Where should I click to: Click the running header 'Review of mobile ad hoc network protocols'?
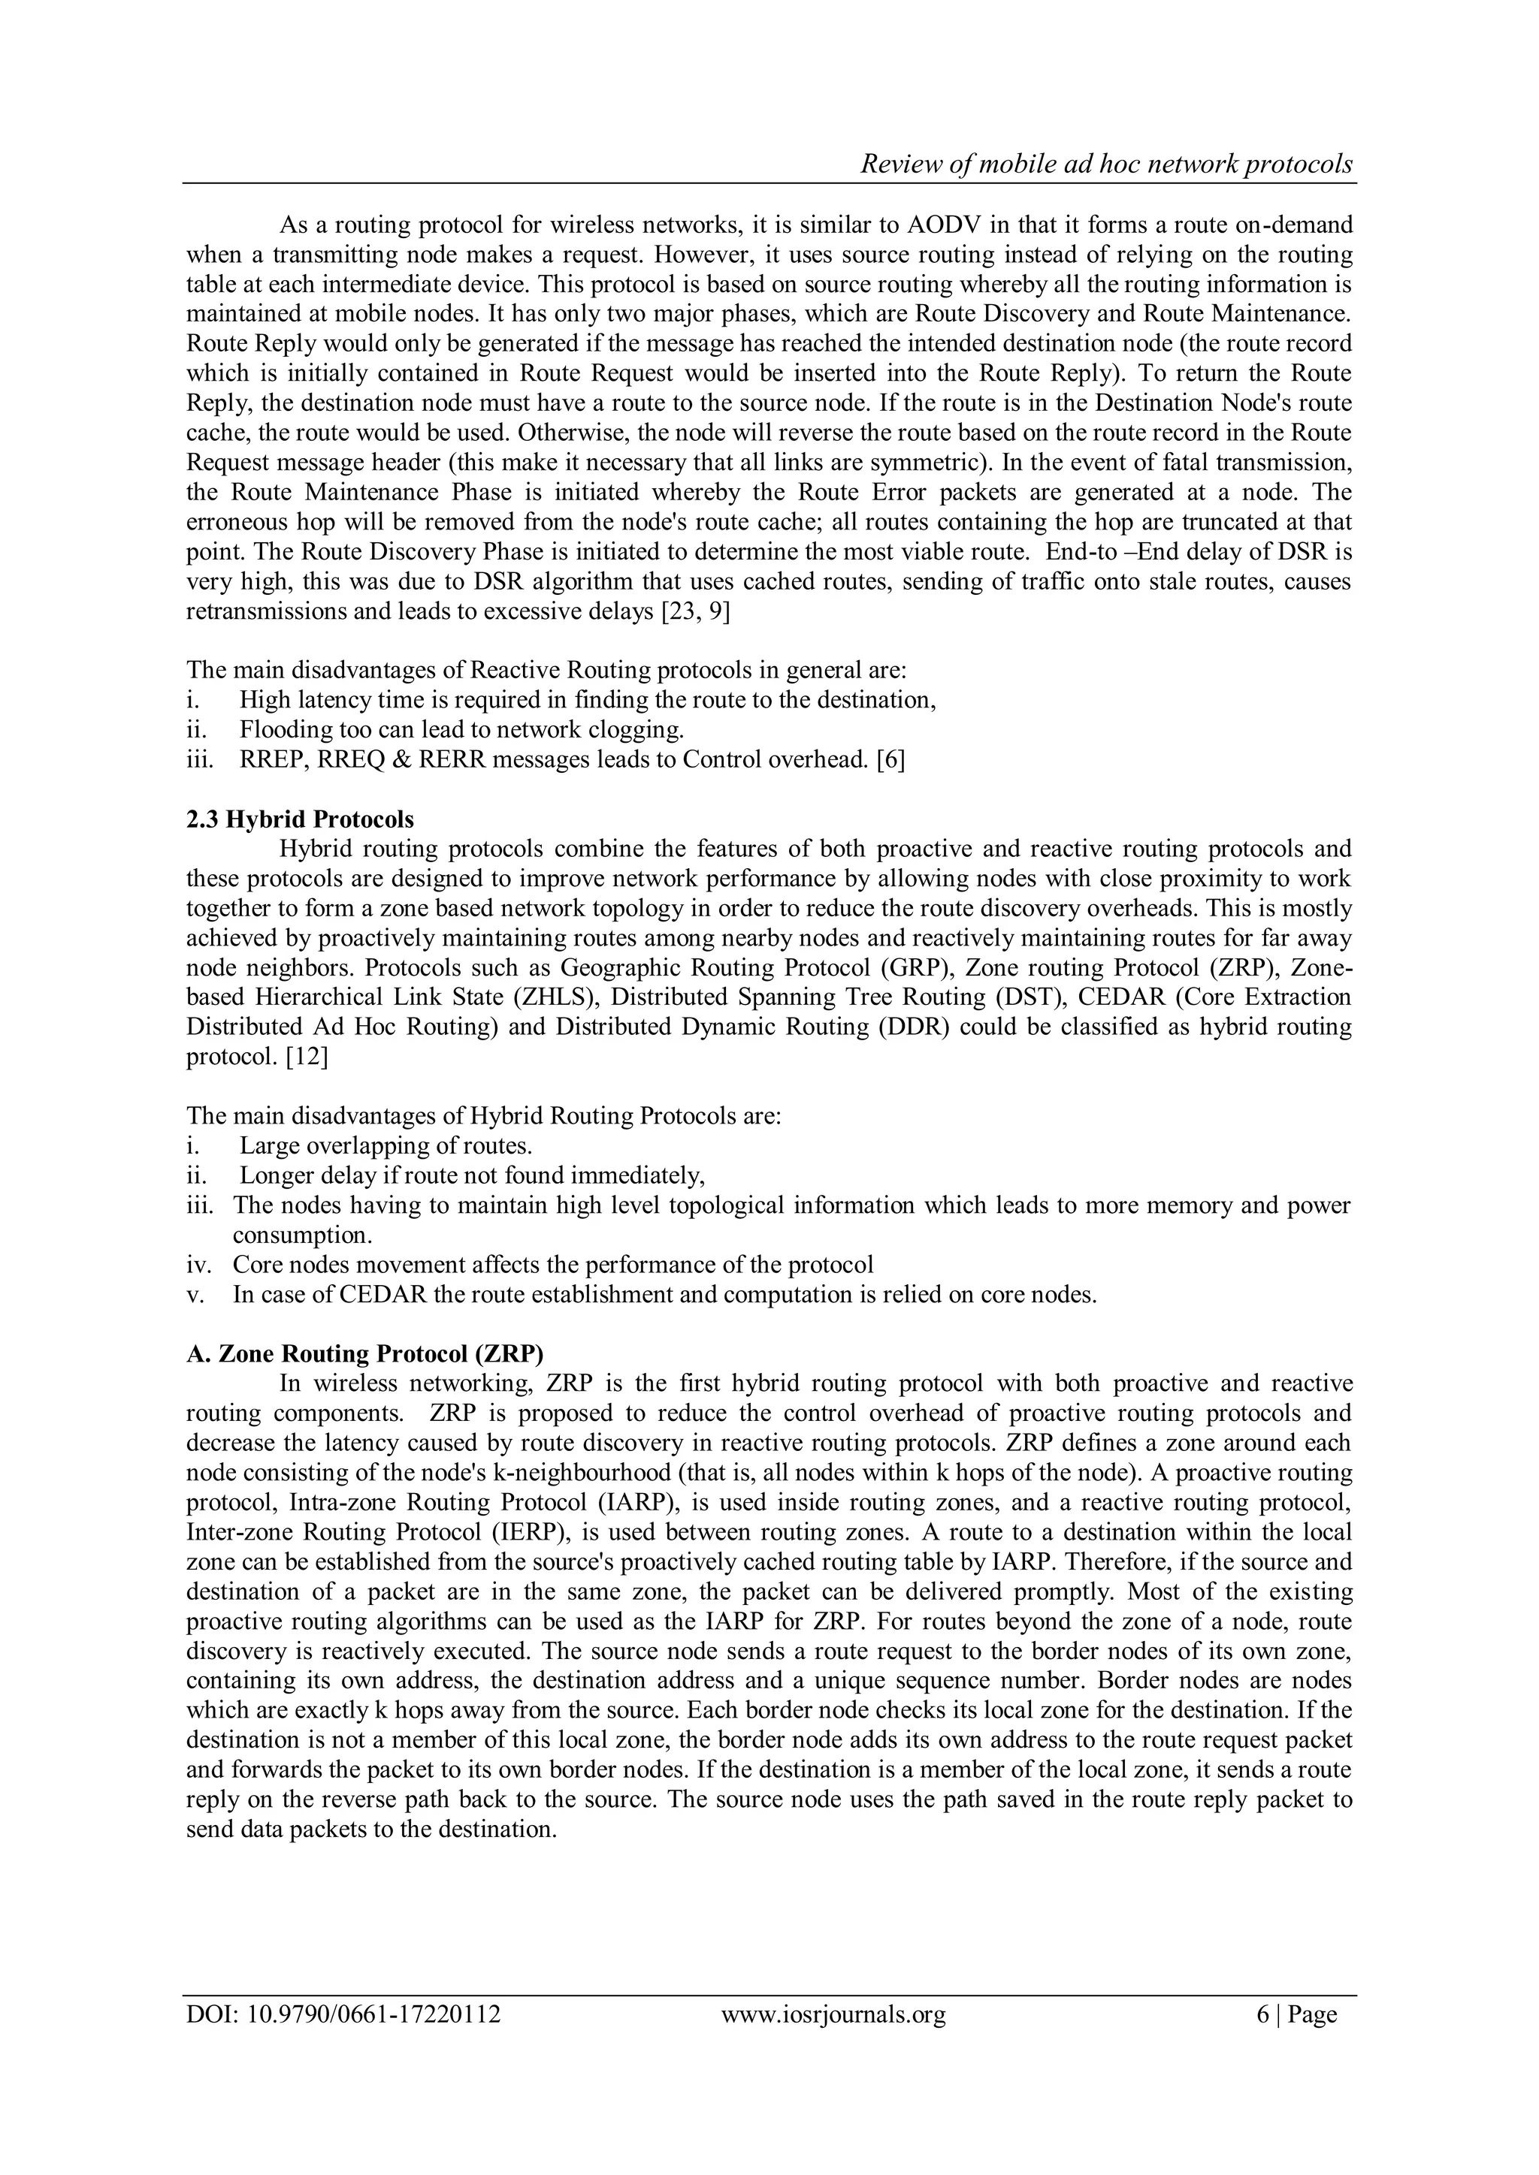pos(1106,164)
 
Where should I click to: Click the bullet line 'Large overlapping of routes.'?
pos(386,1146)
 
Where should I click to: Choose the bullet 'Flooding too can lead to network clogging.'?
pos(461,730)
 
